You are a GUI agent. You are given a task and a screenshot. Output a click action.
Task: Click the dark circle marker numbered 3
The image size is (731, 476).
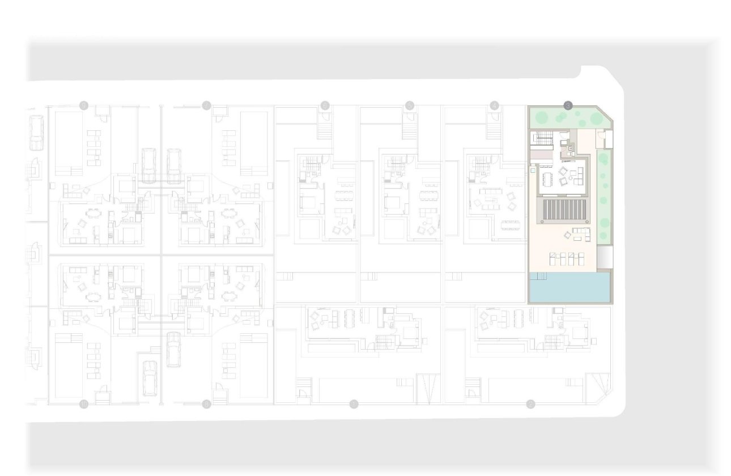(x=568, y=105)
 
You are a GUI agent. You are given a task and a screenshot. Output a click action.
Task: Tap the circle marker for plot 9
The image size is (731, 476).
(x=84, y=105)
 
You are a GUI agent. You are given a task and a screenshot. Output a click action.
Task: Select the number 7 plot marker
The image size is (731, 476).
(x=206, y=105)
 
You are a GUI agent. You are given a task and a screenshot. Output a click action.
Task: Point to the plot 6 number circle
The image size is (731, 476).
(x=325, y=105)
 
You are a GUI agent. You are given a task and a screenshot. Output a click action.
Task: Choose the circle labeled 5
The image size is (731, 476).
(x=410, y=105)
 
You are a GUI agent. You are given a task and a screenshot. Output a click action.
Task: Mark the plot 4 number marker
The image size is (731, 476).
(x=495, y=105)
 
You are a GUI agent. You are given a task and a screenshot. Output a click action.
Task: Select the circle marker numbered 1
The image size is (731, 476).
(x=354, y=403)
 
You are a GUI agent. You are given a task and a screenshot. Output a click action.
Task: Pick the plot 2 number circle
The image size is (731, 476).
(x=530, y=403)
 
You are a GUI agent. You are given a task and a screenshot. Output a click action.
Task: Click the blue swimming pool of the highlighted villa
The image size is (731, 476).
(x=569, y=287)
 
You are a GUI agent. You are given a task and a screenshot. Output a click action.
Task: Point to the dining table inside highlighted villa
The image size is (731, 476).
(x=547, y=179)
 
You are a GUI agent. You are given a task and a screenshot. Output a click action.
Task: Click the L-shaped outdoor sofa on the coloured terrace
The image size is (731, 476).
(x=581, y=233)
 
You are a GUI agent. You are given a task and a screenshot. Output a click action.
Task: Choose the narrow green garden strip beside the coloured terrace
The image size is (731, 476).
(x=604, y=198)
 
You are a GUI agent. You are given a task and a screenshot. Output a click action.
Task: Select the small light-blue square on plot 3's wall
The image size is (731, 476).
(x=533, y=169)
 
